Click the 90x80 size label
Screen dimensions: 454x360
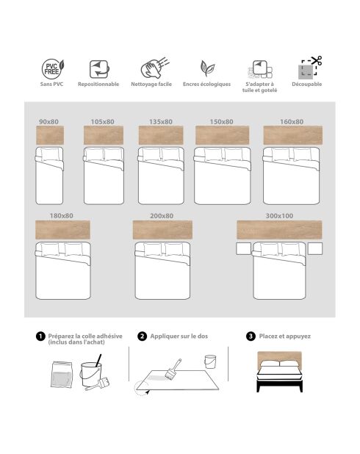click(x=49, y=121)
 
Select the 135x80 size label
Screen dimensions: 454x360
click(x=160, y=121)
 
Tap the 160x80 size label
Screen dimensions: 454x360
click(x=292, y=121)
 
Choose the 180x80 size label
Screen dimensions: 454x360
click(x=62, y=215)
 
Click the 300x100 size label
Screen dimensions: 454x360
click(x=279, y=215)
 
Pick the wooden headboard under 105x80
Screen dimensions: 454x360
click(x=104, y=135)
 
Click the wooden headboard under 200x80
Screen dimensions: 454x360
click(x=162, y=230)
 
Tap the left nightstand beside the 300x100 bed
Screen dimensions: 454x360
click(x=243, y=250)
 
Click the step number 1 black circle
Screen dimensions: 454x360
click(x=40, y=336)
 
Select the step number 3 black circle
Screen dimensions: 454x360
click(x=251, y=336)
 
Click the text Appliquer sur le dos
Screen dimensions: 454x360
click(x=179, y=336)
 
